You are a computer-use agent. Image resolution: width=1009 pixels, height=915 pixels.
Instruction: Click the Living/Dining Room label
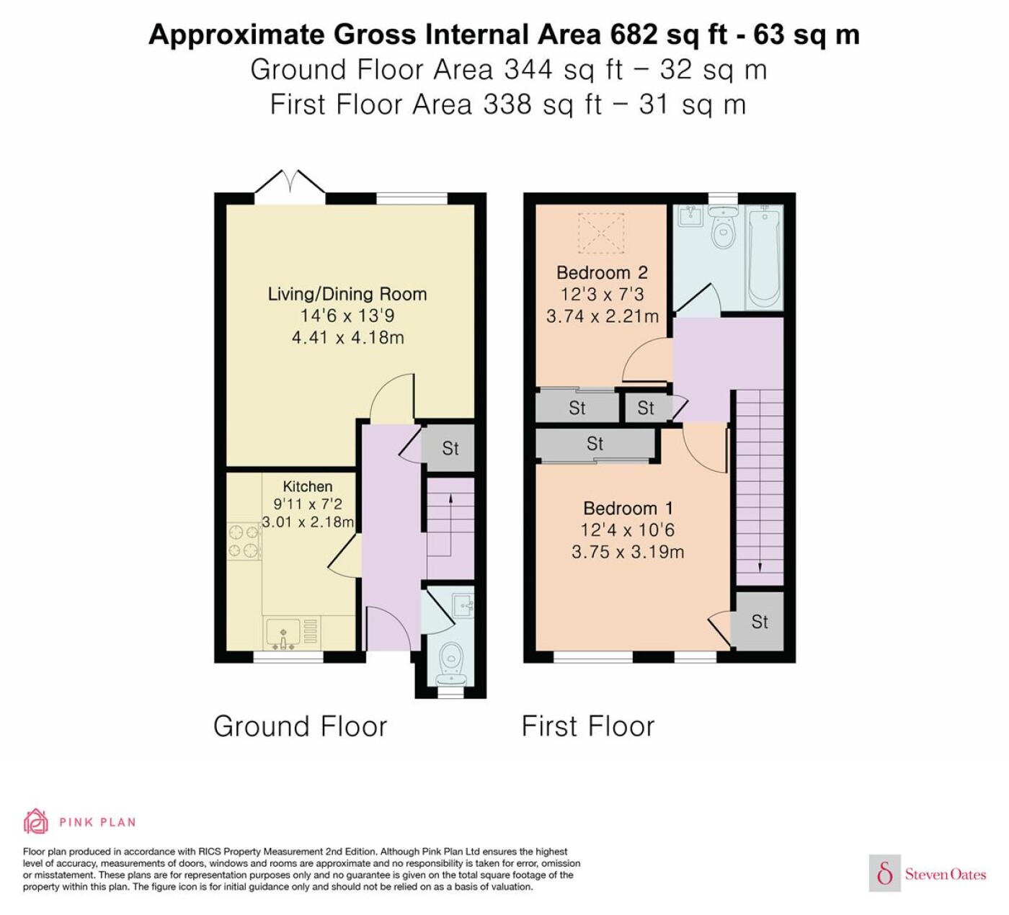pyautogui.click(x=347, y=294)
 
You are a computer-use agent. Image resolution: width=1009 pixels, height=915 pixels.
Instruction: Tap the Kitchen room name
pyautogui.click(x=307, y=486)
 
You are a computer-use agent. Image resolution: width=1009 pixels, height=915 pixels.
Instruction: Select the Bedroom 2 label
pyautogui.click(x=602, y=272)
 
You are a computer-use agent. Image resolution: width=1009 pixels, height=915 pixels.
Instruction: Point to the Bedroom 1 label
pyautogui.click(x=628, y=508)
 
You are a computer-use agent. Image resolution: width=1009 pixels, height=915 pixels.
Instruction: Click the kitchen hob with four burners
pyautogui.click(x=244, y=541)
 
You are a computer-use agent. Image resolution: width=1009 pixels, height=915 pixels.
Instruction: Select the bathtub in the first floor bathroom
pyautogui.click(x=765, y=259)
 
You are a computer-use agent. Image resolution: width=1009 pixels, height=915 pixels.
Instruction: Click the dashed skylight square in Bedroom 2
pyautogui.click(x=601, y=233)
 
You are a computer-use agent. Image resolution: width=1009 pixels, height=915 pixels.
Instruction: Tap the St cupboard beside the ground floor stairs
pyautogui.click(x=449, y=448)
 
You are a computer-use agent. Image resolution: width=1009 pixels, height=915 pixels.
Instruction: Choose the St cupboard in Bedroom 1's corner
pyautogui.click(x=758, y=622)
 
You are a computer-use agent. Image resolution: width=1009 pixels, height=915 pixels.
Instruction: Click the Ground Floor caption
pyautogui.click(x=301, y=727)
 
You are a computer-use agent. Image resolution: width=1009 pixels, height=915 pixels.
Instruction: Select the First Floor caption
pyautogui.click(x=588, y=726)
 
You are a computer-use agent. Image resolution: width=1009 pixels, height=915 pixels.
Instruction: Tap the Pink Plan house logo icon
pyautogui.click(x=36, y=821)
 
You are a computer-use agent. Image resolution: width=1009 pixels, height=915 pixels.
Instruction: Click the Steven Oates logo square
pyautogui.click(x=885, y=872)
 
